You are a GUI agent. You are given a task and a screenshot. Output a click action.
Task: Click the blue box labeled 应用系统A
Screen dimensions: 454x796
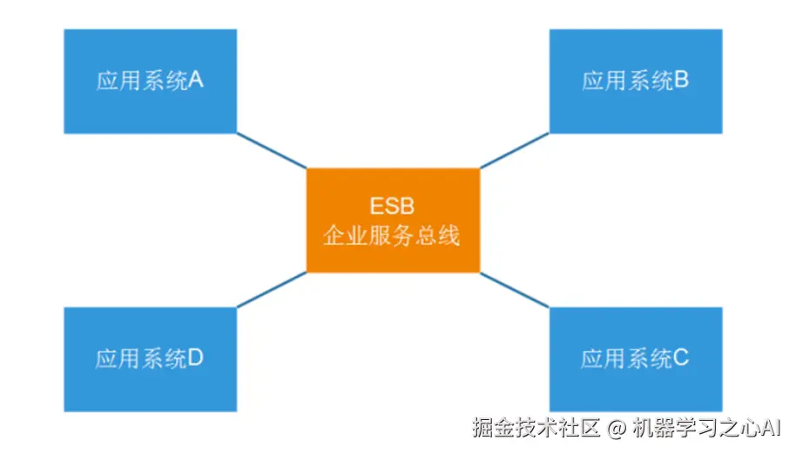tap(150, 81)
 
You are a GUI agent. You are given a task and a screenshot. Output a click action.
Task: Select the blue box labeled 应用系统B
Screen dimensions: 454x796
tap(635, 81)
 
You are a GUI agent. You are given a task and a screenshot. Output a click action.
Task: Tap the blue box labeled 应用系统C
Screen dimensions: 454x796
tap(635, 358)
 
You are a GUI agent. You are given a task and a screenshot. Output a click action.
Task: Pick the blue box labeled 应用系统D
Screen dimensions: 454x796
tap(150, 358)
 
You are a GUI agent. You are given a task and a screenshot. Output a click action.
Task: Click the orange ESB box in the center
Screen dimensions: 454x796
tap(393, 220)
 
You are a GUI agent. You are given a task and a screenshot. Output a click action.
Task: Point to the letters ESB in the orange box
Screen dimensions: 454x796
tap(393, 207)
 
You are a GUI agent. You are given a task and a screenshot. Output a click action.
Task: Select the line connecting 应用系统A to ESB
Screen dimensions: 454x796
tap(271, 150)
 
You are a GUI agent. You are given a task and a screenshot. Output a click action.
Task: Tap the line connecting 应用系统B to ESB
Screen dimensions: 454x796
tap(514, 150)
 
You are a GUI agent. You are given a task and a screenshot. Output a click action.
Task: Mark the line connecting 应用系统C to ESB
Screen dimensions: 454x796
tap(514, 289)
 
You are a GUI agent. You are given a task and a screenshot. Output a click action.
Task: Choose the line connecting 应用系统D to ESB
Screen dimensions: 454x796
tap(271, 289)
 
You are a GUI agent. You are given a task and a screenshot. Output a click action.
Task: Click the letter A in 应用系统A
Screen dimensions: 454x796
tap(196, 81)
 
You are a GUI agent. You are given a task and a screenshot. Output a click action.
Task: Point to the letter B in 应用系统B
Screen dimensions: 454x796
tap(682, 81)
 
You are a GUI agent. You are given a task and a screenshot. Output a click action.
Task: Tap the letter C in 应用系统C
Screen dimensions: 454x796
tap(681, 357)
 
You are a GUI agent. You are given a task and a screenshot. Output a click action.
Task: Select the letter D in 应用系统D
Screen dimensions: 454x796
tap(196, 357)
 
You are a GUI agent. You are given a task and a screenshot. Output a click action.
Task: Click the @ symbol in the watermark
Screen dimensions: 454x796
tap(617, 428)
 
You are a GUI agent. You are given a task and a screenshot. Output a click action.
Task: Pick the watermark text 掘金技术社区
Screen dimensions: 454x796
tap(536, 428)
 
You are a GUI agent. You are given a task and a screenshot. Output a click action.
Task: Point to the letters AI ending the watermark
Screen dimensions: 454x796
tap(772, 428)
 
